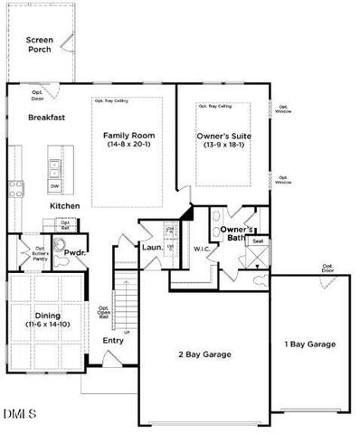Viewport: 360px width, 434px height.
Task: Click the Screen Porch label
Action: [40, 44]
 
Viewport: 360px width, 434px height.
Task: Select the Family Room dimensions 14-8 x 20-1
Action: [129, 145]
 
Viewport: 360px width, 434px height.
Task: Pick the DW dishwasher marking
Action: [55, 187]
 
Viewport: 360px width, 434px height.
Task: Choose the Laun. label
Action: [152, 247]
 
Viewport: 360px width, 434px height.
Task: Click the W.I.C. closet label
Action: [201, 248]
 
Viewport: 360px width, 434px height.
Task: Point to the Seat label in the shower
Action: [258, 241]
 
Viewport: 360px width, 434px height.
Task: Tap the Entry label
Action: [113, 340]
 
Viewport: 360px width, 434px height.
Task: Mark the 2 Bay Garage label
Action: [205, 355]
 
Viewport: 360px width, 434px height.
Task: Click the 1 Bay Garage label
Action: [309, 344]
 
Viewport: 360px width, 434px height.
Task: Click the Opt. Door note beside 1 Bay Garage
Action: [327, 269]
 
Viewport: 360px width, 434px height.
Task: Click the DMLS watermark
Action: [19, 414]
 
